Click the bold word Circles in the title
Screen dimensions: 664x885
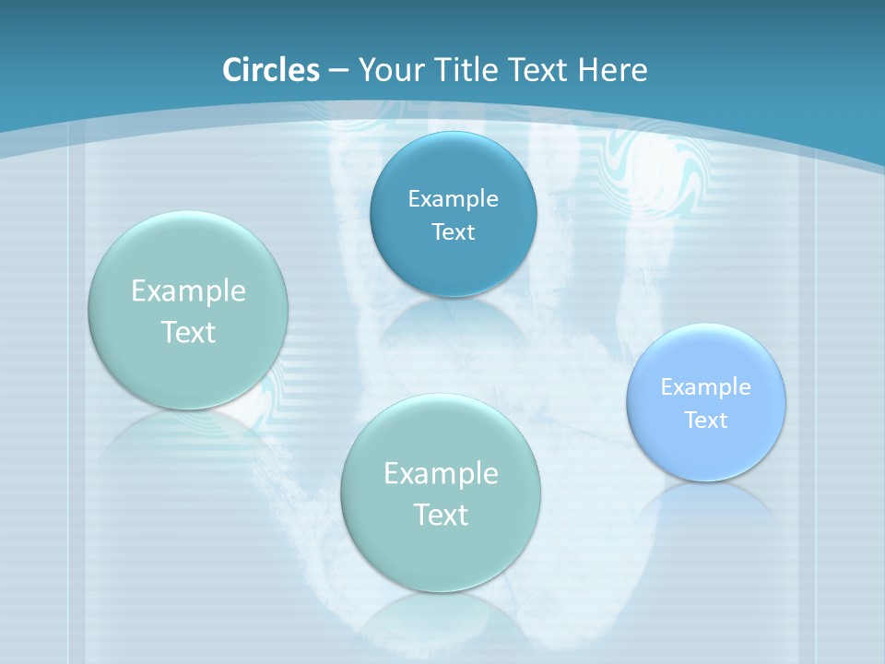270,70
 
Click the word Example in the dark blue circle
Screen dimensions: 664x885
453,199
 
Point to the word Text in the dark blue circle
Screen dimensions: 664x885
453,231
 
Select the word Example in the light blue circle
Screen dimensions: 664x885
706,387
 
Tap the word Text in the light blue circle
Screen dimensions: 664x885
706,421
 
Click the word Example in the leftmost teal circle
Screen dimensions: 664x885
188,291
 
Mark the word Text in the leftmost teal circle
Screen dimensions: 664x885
188,332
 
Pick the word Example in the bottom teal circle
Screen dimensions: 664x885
441,474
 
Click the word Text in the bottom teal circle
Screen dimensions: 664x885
441,515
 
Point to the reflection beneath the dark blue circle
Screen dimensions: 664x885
453,318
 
